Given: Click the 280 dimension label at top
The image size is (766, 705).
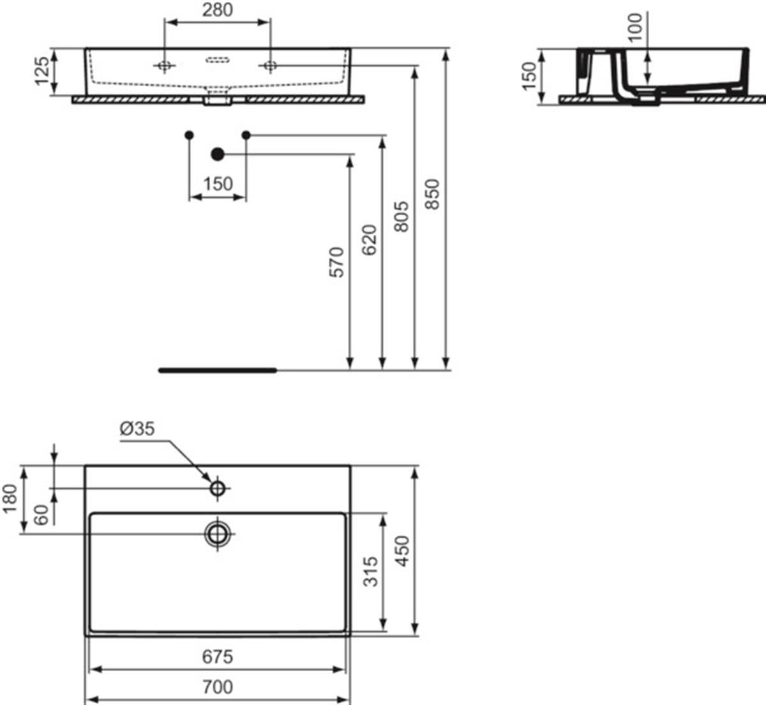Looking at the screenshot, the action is coord(217,10).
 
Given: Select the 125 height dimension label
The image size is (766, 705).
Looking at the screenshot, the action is coord(42,72).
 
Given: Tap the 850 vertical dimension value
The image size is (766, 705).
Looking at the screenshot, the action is coord(433,194).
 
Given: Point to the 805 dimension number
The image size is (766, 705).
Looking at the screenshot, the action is coord(402,216).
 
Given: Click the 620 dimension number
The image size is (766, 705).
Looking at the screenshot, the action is coord(369,240).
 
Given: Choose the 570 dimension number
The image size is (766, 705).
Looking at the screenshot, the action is coord(337,262).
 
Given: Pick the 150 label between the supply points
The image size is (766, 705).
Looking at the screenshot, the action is coord(218,184).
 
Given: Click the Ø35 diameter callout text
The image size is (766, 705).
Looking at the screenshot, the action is coord(137,428).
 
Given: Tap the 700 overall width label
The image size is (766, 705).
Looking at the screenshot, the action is coord(217,686).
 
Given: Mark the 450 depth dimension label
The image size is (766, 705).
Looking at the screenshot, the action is coord(403,551).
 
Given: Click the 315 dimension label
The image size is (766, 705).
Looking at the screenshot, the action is coord(370,572).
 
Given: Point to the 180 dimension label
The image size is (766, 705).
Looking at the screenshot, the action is coord(10,499).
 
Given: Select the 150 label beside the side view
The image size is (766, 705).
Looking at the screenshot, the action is coord(529,77).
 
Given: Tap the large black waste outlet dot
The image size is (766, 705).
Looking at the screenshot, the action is coord(218,155).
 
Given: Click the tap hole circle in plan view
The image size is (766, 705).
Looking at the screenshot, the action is coord(218,489).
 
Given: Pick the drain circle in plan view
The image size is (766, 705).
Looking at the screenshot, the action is coord(218,534).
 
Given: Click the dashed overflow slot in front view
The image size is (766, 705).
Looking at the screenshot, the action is coord(218,60).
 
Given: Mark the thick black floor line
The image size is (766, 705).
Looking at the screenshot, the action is coord(218,370).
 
